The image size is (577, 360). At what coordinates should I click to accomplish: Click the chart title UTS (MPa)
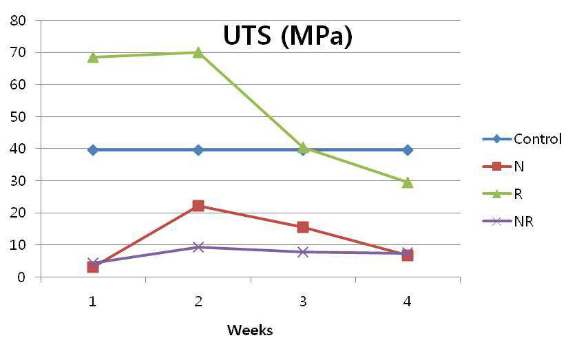coord(287,36)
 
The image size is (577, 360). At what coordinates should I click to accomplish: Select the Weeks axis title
coord(250,330)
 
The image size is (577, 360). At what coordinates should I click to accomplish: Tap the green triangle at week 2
coord(198,52)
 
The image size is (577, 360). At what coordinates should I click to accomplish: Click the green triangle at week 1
coord(93,57)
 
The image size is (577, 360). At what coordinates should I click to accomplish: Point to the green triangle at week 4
coord(408,182)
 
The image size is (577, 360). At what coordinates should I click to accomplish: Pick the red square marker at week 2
coord(198,206)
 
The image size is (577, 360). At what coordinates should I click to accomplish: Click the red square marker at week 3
coord(303,227)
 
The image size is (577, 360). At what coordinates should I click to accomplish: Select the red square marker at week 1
coord(93,267)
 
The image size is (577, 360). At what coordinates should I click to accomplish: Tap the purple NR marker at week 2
coord(198,247)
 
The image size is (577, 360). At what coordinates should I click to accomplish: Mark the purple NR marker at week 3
coord(303,252)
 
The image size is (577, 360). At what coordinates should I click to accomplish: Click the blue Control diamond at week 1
coord(93,150)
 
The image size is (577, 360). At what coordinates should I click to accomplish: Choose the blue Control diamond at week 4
coord(408,150)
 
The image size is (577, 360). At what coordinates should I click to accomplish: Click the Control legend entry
coord(522,139)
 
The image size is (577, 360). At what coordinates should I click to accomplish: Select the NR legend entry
coord(508,222)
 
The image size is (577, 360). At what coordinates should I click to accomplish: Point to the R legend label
coord(518,194)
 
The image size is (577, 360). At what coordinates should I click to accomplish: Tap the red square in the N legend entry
coord(496,166)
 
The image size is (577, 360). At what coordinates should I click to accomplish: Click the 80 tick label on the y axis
coord(18,21)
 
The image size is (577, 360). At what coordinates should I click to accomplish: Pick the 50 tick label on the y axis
coord(18,116)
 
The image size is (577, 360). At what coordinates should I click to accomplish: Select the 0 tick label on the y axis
coord(22,277)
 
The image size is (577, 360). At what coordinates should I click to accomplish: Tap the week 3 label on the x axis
coord(303,301)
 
